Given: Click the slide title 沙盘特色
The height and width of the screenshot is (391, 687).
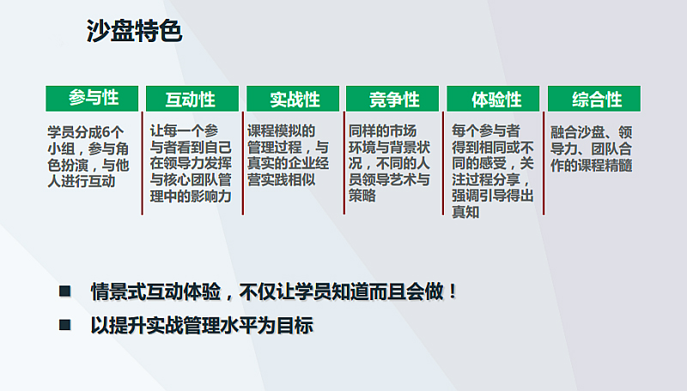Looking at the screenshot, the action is (x=134, y=31).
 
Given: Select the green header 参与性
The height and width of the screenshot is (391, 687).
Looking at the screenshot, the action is (x=92, y=99).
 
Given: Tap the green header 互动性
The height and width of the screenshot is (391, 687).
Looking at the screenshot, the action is (x=192, y=99).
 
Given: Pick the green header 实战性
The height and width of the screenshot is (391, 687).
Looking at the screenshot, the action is (x=293, y=99).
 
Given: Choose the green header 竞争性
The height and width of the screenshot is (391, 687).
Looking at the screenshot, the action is (x=392, y=99).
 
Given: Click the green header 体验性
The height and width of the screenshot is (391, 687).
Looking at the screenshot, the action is (x=493, y=99).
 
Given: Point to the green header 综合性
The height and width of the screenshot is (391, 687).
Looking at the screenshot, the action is (x=594, y=99).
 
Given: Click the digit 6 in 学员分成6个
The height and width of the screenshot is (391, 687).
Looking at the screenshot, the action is (x=106, y=132).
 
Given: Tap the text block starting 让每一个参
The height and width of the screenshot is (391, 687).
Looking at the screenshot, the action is (x=191, y=163).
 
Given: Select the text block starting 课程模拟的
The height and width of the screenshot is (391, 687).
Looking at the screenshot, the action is (x=289, y=155).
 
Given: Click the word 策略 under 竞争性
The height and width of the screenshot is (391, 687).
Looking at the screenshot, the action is (x=362, y=195).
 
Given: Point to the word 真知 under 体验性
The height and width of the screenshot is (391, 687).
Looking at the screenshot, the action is (x=465, y=212).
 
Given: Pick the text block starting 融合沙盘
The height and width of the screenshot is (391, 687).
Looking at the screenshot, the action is (x=592, y=148).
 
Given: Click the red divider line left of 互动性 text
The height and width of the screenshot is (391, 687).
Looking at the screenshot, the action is (x=143, y=163).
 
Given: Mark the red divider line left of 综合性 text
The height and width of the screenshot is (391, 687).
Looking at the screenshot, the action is (x=544, y=163).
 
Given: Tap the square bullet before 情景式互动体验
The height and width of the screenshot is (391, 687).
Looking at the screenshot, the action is (x=65, y=291).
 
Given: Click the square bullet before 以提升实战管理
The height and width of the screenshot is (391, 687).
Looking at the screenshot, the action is (x=65, y=324).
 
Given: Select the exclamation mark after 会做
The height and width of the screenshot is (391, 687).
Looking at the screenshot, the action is (x=453, y=292).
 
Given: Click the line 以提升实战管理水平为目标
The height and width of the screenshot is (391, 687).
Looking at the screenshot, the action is (x=202, y=325).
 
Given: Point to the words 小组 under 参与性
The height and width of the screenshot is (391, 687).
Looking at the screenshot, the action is (x=61, y=148).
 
